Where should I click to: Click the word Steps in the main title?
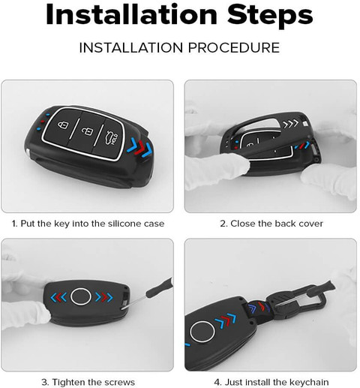pyautogui.click(x=270, y=16)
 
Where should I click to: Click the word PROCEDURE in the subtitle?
pyautogui.click(x=234, y=47)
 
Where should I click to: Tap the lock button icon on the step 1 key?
pyautogui.click(x=63, y=125)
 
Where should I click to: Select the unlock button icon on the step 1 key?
pyautogui.click(x=86, y=130)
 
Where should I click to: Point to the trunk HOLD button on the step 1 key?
pyautogui.click(x=112, y=138)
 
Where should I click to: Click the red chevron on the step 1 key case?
pyautogui.click(x=139, y=148)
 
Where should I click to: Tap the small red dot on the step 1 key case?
pyautogui.click(x=42, y=122)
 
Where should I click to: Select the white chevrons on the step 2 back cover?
pyautogui.click(x=290, y=123)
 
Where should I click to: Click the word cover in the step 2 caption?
pyautogui.click(x=311, y=223)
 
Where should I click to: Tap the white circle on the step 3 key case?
pyautogui.click(x=81, y=296)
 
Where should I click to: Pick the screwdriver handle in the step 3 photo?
pyautogui.click(x=159, y=288)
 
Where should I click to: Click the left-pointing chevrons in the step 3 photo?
pyautogui.click(x=58, y=297)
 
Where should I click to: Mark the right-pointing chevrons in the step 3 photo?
pyautogui.click(x=104, y=297)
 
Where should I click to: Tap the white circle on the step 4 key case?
pyautogui.click(x=202, y=331)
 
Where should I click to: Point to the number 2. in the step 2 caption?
pyautogui.click(x=223, y=223)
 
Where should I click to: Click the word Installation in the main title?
pyautogui.click(x=131, y=15)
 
